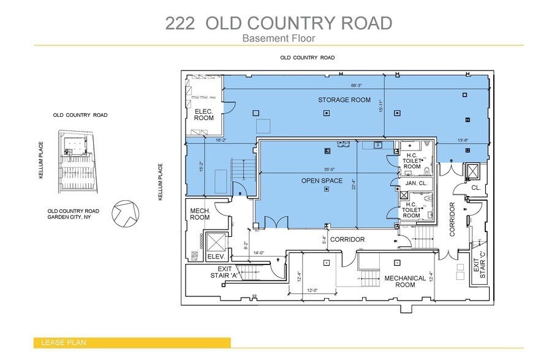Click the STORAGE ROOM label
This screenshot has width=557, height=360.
click(x=344, y=100)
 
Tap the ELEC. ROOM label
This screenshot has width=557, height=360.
click(x=204, y=114)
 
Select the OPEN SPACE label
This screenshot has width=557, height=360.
click(x=320, y=181)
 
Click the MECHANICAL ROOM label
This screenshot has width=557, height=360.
click(x=404, y=282)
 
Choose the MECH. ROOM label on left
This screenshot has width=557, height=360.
click(x=200, y=214)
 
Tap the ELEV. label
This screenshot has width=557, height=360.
click(x=217, y=257)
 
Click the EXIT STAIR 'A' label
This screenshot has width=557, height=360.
click(x=224, y=272)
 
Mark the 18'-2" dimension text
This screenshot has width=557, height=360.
click(x=222, y=140)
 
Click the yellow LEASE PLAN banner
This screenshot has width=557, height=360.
click(x=132, y=343)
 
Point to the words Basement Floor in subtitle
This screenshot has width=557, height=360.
click(x=278, y=38)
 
